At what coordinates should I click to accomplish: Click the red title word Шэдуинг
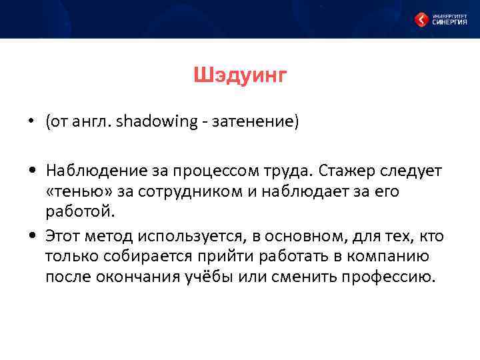240,76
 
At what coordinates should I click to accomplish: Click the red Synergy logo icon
421,20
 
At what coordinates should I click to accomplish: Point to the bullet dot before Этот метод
31,236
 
